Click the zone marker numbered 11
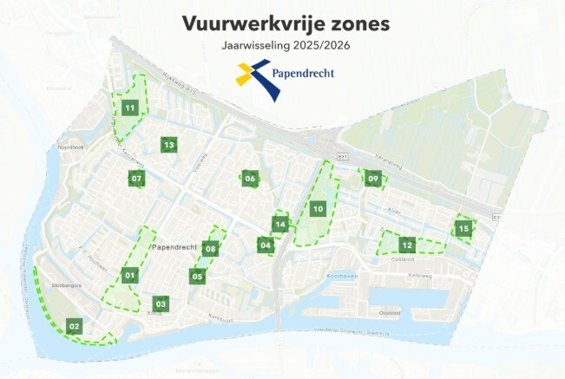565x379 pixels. (131, 108)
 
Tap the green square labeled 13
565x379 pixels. (168, 145)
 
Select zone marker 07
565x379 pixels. (136, 179)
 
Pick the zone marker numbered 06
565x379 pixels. (250, 179)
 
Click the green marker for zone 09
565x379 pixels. (372, 179)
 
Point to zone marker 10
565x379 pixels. (319, 209)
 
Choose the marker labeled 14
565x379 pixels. (279, 225)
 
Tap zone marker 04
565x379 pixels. (266, 245)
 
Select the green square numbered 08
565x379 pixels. (210, 249)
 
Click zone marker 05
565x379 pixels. (197, 277)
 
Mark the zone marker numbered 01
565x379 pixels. (130, 276)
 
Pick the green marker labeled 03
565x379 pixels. (161, 304)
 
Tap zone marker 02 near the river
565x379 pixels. (75, 326)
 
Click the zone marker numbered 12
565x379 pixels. (407, 245)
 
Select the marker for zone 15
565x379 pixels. (463, 228)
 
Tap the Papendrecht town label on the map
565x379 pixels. (175, 247)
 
